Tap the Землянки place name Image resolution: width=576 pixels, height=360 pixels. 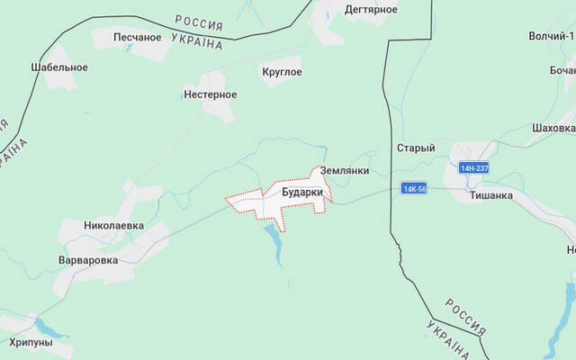345,170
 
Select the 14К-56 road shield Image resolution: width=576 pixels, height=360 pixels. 414,189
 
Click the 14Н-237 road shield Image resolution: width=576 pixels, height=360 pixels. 473,168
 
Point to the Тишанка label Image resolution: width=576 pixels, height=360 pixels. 490,194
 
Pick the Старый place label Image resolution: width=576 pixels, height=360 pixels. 416,148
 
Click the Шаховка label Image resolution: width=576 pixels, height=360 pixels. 553,128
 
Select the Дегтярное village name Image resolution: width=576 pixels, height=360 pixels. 371,9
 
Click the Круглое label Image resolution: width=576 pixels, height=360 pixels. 281,72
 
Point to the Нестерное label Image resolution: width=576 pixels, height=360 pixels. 210,94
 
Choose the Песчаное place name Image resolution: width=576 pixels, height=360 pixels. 138,37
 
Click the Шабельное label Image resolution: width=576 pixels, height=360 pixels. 58,67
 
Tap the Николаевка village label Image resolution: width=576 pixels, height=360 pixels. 113,226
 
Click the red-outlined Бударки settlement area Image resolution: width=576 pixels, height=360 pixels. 270,205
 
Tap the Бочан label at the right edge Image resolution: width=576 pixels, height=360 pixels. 562,70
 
